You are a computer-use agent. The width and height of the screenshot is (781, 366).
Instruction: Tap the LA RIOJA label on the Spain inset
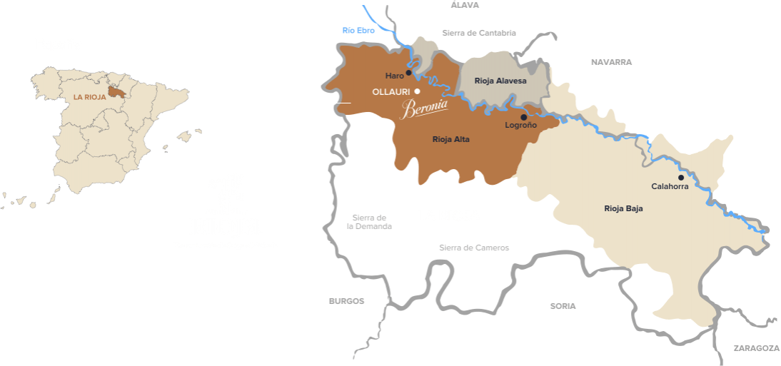coord(89,96)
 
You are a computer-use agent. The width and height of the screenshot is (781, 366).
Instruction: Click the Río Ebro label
coord(358,31)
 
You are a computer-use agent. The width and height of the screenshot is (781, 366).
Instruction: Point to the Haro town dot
coord(408,72)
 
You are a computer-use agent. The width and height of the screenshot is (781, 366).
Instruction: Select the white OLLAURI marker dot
coord(417,91)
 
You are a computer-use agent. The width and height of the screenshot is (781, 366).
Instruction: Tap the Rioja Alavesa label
coord(500,81)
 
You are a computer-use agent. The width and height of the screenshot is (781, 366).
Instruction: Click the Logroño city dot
coord(523,117)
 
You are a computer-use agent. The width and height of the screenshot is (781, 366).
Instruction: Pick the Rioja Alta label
coord(450,139)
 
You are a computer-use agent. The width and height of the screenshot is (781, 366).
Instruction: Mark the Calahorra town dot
coord(681,177)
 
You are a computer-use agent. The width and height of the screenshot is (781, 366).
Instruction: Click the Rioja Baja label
coord(623,208)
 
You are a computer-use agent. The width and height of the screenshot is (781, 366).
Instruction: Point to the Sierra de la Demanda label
coord(369,222)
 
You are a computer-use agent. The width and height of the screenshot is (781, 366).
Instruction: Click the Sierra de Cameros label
coord(474,248)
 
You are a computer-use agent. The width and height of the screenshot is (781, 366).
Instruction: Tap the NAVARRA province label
coord(611,62)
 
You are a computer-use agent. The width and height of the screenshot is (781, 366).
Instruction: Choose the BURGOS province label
coord(346,301)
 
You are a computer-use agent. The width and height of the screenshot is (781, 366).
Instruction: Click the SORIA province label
coord(563,305)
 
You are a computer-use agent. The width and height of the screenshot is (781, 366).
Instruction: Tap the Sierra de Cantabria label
coord(478,32)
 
